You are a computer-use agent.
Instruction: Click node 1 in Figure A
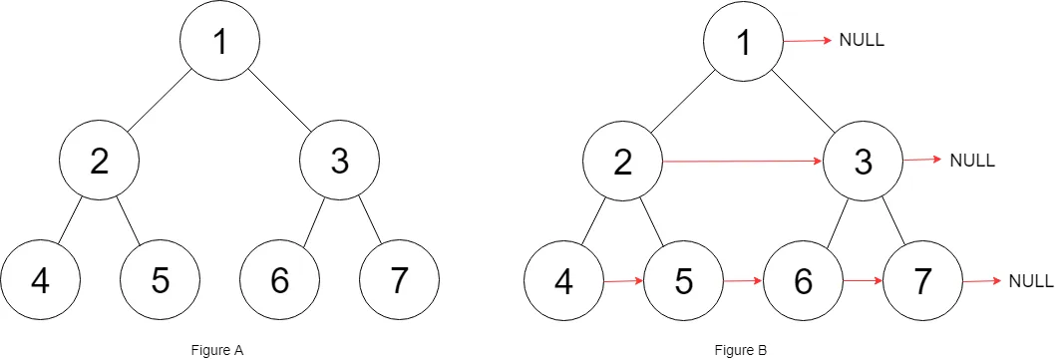click(x=219, y=41)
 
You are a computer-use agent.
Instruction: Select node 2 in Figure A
click(x=99, y=161)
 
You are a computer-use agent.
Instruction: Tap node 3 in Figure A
click(x=339, y=161)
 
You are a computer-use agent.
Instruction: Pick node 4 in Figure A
click(x=40, y=280)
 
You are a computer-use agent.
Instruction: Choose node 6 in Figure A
click(x=279, y=280)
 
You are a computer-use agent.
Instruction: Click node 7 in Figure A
click(x=399, y=280)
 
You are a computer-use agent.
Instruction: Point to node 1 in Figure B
click(x=743, y=41)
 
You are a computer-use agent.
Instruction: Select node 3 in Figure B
click(x=863, y=161)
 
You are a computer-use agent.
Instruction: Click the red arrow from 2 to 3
click(x=743, y=160)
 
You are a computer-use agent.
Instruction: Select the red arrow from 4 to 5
click(x=623, y=281)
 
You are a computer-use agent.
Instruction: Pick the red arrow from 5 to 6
click(x=743, y=281)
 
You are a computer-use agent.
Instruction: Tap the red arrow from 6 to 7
click(x=863, y=281)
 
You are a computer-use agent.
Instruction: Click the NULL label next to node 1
click(x=863, y=41)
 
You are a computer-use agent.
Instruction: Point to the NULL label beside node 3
click(x=972, y=161)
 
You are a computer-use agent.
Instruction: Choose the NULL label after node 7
click(x=1031, y=281)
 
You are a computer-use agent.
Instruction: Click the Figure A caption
click(x=216, y=350)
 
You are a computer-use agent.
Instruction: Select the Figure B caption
click(x=740, y=350)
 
